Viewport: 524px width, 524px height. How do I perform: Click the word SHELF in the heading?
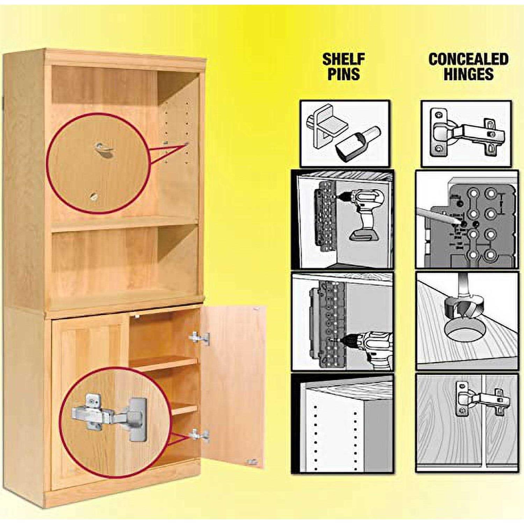click(x=343, y=59)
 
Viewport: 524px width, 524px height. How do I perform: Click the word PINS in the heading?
click(x=343, y=74)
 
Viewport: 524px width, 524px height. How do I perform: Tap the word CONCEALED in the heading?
click(x=468, y=59)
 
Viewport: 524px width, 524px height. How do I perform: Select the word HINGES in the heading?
click(x=468, y=74)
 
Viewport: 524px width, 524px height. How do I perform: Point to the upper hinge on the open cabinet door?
click(x=199, y=338)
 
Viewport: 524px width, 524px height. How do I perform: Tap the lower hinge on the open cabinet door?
click(x=199, y=435)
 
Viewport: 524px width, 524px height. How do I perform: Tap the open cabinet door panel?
click(x=234, y=384)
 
